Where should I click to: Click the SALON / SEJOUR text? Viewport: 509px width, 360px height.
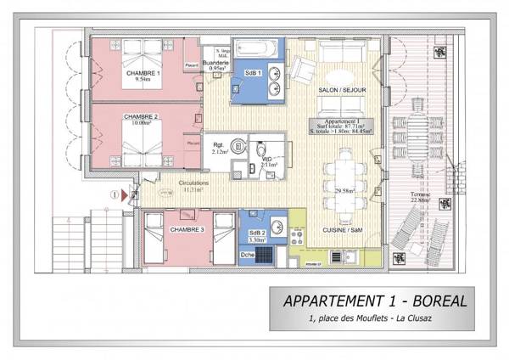tap(341, 89)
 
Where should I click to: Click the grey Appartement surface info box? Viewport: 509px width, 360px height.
tap(343, 127)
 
